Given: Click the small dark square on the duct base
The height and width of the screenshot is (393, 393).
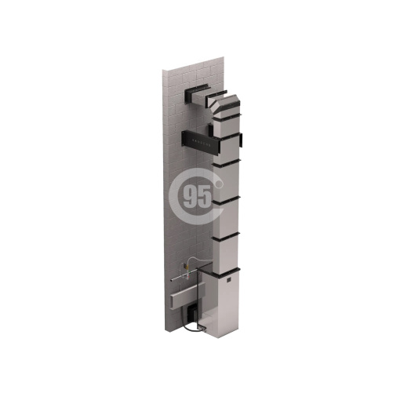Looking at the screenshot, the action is point(229,279).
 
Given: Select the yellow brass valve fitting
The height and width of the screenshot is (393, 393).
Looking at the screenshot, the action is point(187,267).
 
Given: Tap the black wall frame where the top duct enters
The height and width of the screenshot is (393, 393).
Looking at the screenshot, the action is point(197,93).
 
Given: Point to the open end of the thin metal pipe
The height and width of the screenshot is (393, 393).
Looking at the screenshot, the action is point(171,281).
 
